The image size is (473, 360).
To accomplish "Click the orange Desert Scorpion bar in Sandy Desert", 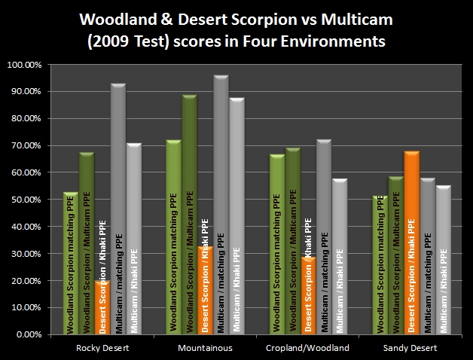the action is pyautogui.click(x=412, y=243).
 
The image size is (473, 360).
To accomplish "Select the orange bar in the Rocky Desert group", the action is pyautogui.click(x=102, y=307).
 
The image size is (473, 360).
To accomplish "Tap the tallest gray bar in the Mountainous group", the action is pyautogui.click(x=221, y=205).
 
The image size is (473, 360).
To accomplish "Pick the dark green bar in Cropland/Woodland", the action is pyautogui.click(x=293, y=241).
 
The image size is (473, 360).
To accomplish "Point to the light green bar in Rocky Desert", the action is pyautogui.click(x=71, y=263).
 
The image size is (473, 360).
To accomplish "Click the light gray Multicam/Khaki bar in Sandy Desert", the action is pyautogui.click(x=444, y=260).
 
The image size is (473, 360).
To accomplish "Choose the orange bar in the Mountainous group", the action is pyautogui.click(x=206, y=290).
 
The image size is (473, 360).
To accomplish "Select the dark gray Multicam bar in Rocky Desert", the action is pyautogui.click(x=118, y=209).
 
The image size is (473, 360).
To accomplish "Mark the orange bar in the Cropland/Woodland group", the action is pyautogui.click(x=308, y=295).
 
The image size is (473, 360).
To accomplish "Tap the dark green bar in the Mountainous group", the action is pyautogui.click(x=190, y=214).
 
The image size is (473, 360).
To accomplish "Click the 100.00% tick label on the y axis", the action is pyautogui.click(x=24, y=65).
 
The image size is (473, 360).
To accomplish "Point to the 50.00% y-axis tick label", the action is pyautogui.click(x=26, y=200).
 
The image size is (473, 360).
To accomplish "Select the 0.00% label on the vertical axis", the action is pyautogui.click(x=29, y=334).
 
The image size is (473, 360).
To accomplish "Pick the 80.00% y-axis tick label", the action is pyautogui.click(x=26, y=118).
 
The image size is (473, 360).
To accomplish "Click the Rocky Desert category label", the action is pyautogui.click(x=102, y=348).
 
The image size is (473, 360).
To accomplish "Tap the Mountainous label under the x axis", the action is pyautogui.click(x=205, y=348).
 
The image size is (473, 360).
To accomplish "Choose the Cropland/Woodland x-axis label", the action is pyautogui.click(x=308, y=348).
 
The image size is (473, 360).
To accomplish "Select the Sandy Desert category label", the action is pyautogui.click(x=410, y=348).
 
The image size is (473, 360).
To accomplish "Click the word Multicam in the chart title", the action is pyautogui.click(x=357, y=20).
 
